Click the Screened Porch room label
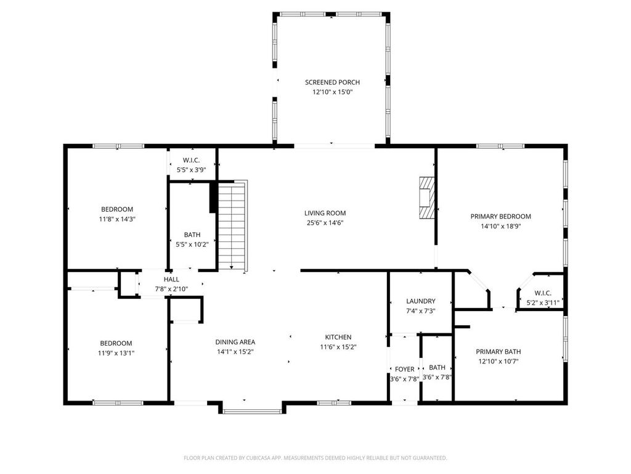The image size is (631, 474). point(332,82)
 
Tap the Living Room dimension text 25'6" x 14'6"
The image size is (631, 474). point(325,223)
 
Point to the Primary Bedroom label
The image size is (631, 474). point(500,217)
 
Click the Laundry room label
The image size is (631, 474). point(420,301)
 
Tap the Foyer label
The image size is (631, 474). point(404,369)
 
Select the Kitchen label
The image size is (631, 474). point(338,337)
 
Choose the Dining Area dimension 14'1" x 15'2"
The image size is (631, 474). point(235,351)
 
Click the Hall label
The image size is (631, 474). point(171,280)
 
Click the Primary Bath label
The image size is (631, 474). point(499,351)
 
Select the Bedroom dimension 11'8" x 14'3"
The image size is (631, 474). point(117,218)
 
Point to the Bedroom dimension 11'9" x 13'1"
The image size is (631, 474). point(116,353)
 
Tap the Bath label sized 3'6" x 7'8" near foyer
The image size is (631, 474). point(437,367)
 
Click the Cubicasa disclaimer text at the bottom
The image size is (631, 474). point(315,458)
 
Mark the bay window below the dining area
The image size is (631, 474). point(251,410)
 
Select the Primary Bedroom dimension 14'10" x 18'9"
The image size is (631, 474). point(500,226)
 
